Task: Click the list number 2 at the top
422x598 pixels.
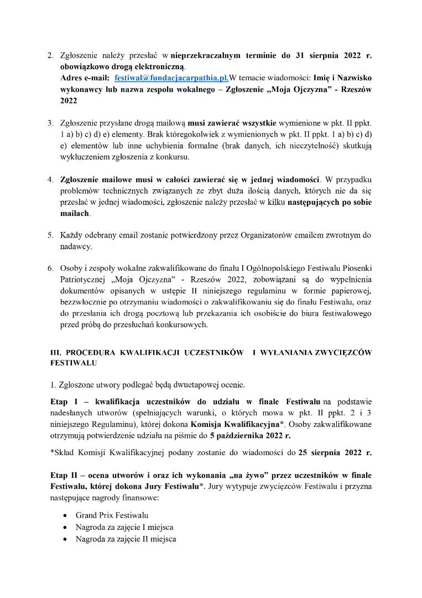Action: click(x=49, y=56)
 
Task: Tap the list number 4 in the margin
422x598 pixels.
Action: click(x=49, y=181)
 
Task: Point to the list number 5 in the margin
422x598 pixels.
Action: click(x=49, y=235)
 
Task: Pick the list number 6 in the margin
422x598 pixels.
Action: click(x=49, y=269)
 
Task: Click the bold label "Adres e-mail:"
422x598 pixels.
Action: click(x=85, y=79)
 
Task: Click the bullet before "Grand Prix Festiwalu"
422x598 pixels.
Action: click(x=66, y=515)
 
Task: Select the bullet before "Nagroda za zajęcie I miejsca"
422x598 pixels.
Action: click(x=66, y=527)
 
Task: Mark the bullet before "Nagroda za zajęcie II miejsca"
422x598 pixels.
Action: click(x=66, y=538)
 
